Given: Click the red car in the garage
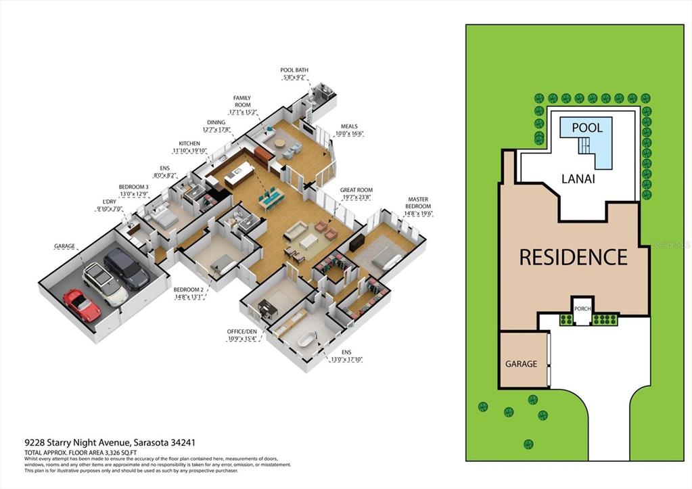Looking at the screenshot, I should (82, 305).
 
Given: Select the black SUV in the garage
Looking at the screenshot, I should (126, 267).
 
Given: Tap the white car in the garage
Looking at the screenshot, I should (104, 283).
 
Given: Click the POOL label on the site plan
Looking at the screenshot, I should (586, 127).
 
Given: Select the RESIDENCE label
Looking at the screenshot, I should (573, 257).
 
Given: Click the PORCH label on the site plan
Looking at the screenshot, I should (582, 308).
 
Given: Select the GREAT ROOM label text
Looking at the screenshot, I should (357, 194).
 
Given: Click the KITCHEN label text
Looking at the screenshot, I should (189, 147).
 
